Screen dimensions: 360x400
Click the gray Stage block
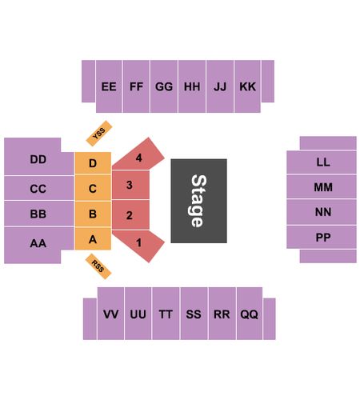198,201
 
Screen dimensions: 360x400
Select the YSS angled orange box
99,134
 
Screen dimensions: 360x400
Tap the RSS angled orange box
98,266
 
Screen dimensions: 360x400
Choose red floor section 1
138,246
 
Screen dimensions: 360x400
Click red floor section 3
130,185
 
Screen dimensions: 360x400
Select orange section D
93,163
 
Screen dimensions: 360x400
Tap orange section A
93,239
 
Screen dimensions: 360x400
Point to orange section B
93,214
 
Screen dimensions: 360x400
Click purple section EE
109,86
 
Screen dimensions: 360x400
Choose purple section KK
247,86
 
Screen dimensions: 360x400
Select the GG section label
164,86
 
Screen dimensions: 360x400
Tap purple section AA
38,244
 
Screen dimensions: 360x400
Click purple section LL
322,162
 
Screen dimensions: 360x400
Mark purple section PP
322,237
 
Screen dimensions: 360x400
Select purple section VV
110,314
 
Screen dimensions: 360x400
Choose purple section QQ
250,314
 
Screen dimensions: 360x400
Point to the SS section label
194,314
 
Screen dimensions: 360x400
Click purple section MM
322,186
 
